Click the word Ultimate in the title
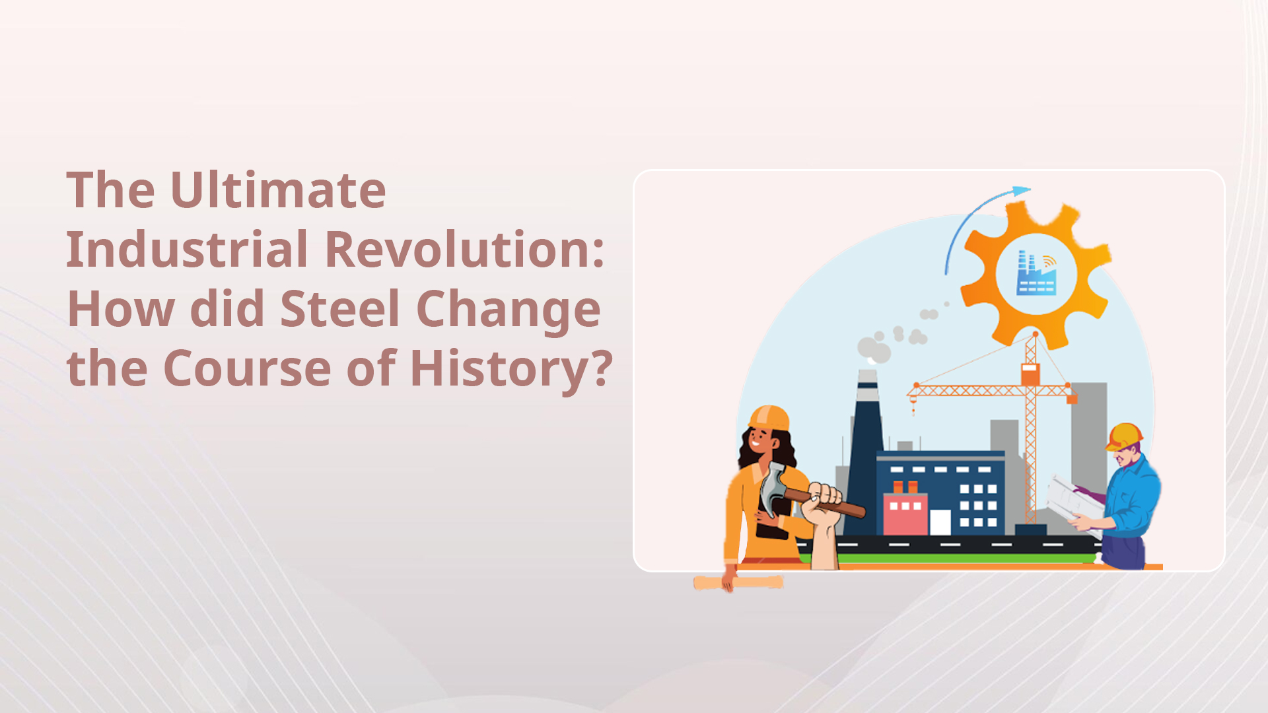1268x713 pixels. (x=277, y=190)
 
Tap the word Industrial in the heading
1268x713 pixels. (x=187, y=250)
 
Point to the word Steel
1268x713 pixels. (x=340, y=308)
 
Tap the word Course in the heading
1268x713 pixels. (x=247, y=368)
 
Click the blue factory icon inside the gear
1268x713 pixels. (x=1036, y=273)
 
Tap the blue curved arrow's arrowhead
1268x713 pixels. (x=1021, y=191)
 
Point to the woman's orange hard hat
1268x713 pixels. (x=769, y=418)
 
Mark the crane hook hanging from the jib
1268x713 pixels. (x=913, y=407)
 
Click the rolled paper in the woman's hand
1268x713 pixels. (x=738, y=582)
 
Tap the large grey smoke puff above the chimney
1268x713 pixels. (x=873, y=349)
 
